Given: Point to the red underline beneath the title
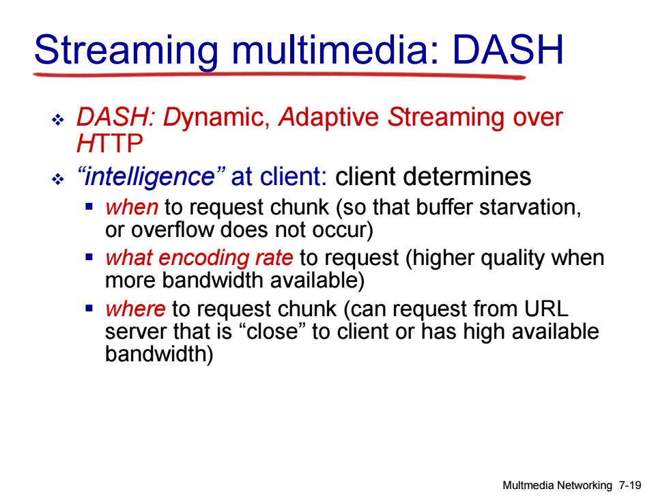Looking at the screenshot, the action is click(279, 76).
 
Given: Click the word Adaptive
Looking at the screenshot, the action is click(328, 117).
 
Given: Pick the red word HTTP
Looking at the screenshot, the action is click(110, 143).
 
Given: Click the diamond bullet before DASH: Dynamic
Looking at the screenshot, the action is click(57, 120).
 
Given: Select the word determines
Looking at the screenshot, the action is click(433, 176).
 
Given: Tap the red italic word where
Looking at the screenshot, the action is click(135, 309).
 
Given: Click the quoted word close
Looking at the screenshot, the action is click(272, 331).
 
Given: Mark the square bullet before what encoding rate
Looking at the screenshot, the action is click(89, 257).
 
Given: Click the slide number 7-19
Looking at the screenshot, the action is click(630, 485).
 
